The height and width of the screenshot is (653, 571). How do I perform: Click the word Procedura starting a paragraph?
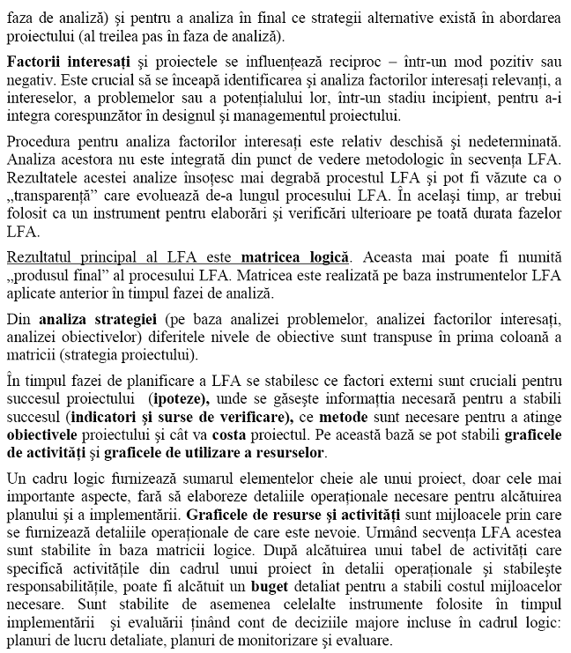[39, 141]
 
